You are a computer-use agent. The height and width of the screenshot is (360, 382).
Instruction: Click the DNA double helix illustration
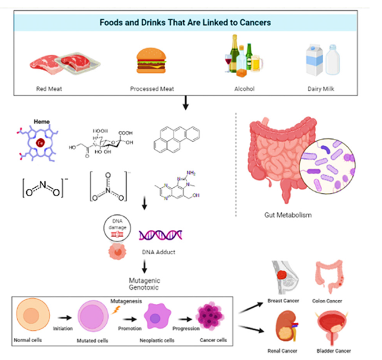tap(160, 235)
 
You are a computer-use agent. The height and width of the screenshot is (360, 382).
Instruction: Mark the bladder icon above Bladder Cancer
tap(333, 326)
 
